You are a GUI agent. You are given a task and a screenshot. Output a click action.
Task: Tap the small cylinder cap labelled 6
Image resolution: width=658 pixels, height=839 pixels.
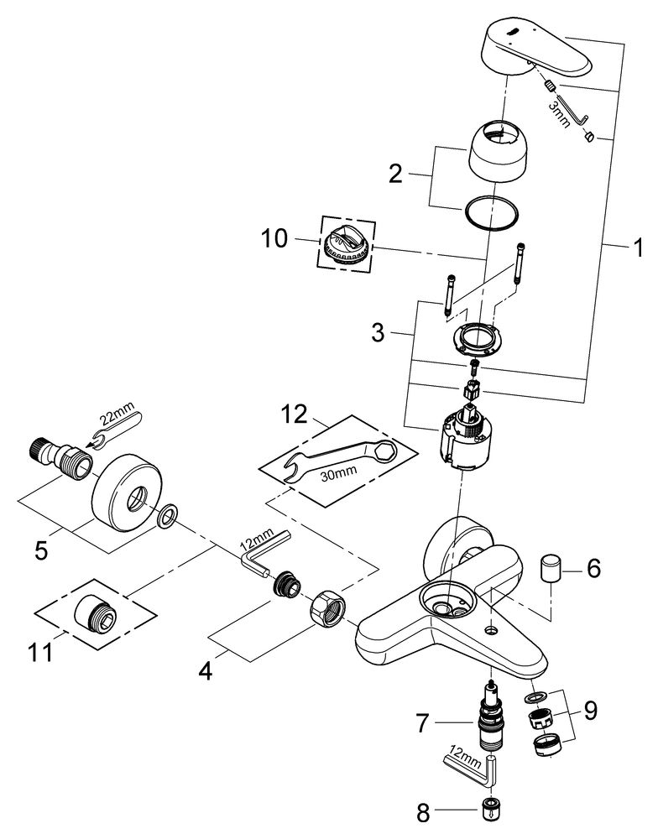point(550,568)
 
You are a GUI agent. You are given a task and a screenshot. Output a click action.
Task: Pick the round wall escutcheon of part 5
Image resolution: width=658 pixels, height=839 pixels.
point(120,492)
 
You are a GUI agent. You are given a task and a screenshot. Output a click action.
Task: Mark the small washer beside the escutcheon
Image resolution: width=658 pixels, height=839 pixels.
point(166,513)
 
